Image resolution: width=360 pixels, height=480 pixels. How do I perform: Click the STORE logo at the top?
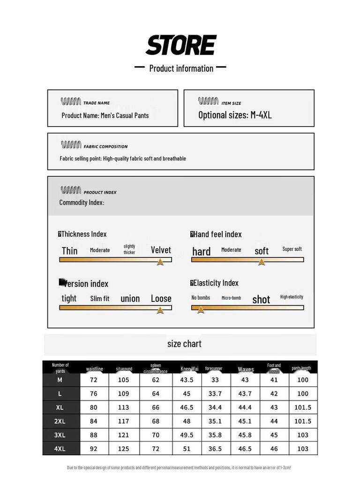click(x=180, y=45)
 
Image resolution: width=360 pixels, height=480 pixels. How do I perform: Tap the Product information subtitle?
click(x=181, y=68)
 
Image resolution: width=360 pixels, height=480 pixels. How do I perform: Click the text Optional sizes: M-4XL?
click(x=235, y=115)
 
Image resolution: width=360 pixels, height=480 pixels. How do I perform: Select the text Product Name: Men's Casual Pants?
click(x=105, y=115)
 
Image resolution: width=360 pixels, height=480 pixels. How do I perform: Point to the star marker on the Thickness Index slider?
click(x=160, y=262)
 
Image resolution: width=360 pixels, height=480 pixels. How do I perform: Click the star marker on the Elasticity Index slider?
click(x=201, y=309)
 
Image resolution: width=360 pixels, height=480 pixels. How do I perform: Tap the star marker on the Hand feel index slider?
click(x=262, y=262)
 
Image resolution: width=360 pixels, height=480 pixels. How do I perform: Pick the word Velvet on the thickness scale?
click(x=161, y=250)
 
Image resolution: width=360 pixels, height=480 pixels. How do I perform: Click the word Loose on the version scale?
click(x=161, y=299)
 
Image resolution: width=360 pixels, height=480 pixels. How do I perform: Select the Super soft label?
click(x=292, y=249)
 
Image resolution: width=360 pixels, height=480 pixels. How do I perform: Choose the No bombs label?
click(x=201, y=298)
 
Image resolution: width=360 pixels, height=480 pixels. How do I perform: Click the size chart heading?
click(x=184, y=344)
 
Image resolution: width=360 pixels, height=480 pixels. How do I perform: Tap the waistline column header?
click(x=94, y=369)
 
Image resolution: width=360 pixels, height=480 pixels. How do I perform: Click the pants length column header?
click(x=301, y=368)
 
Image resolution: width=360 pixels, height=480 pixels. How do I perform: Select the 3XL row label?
click(x=60, y=435)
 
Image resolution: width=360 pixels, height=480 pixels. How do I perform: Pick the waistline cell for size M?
click(x=94, y=380)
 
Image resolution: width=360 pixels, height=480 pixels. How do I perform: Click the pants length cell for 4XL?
click(x=303, y=449)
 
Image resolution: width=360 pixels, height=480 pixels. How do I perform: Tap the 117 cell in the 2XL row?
click(x=124, y=421)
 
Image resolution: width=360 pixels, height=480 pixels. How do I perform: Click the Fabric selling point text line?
click(x=123, y=158)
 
